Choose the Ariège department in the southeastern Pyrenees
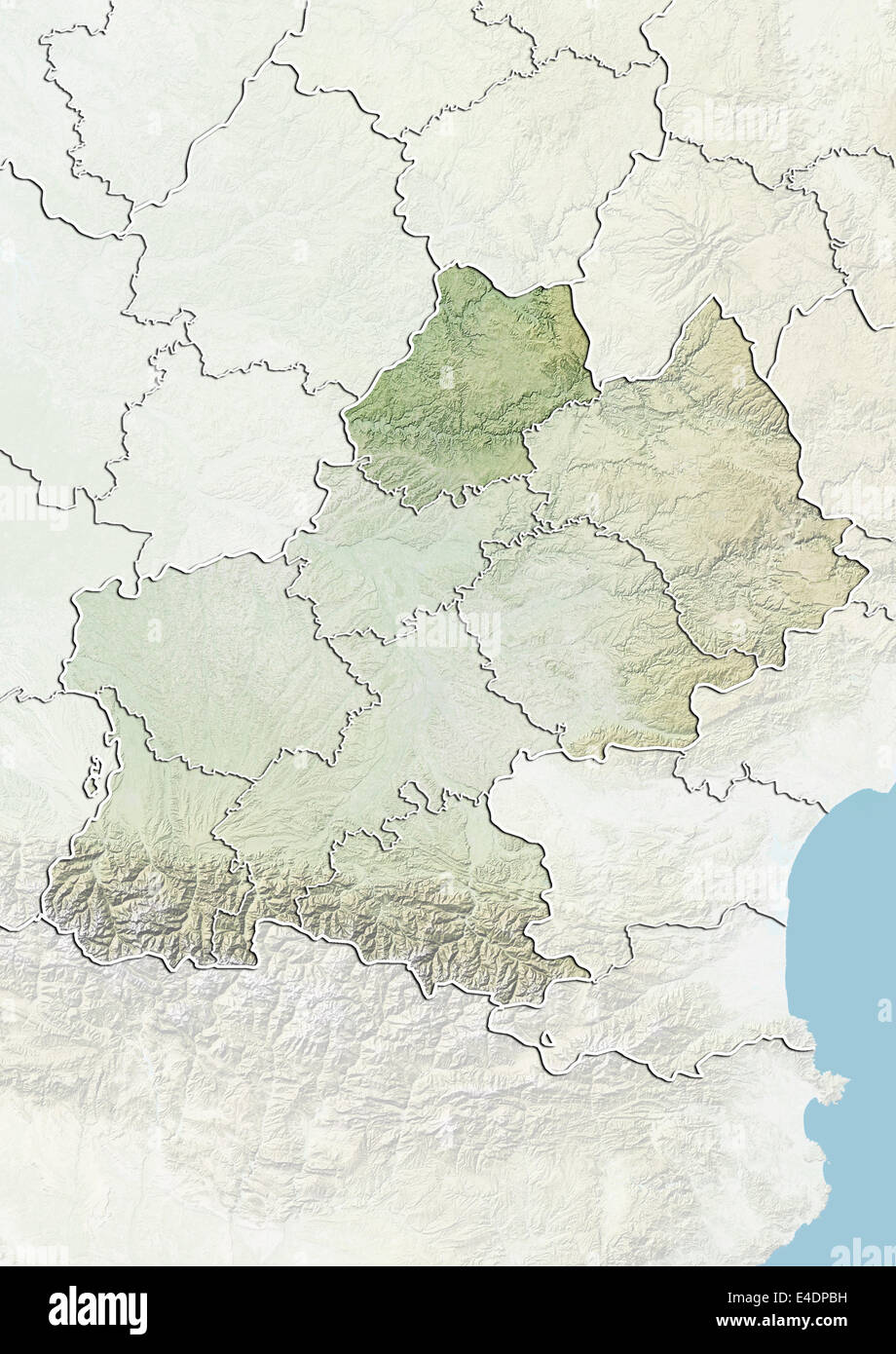tap(438, 896)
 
